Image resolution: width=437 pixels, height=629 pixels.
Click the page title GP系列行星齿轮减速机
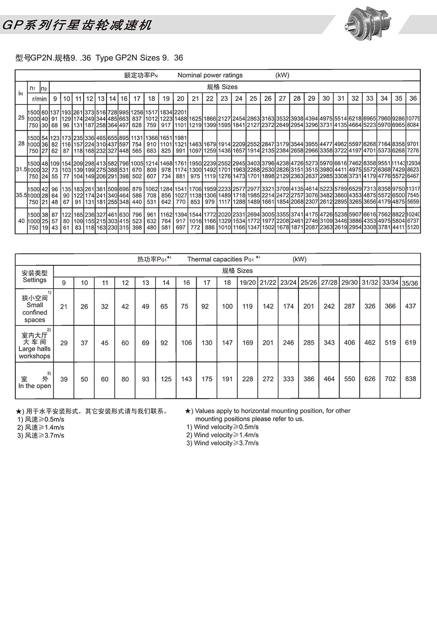(77, 25)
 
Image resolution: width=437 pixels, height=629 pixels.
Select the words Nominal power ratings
(210, 75)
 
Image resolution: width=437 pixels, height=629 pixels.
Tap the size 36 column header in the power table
(413, 98)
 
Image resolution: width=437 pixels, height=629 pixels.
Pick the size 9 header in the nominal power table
(55, 99)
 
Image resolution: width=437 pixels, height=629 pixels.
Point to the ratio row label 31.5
(21, 169)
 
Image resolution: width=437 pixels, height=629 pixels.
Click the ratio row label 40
(21, 221)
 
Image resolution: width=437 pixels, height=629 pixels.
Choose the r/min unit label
(39, 99)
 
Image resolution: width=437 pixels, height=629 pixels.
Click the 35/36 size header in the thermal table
(410, 283)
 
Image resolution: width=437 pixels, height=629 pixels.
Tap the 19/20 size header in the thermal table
(248, 283)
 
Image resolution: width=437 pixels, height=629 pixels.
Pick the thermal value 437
(410, 306)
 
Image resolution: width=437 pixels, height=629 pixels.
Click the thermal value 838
(410, 379)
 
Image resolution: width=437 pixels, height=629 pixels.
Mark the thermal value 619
(410, 342)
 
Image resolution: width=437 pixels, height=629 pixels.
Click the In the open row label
(35, 386)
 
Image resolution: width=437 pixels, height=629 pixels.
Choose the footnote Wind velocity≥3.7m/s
(222, 443)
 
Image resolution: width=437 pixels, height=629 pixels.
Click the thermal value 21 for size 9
(64, 306)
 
